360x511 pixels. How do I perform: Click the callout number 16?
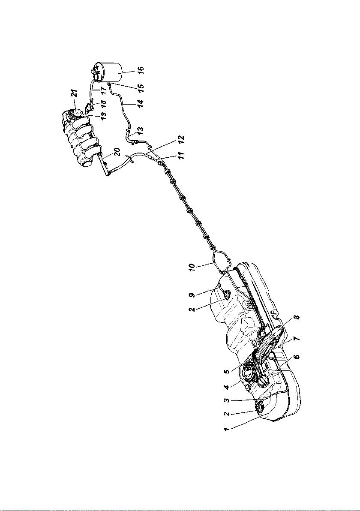point(141,71)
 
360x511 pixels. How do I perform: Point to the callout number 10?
point(192,267)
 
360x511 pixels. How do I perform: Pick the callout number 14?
point(141,104)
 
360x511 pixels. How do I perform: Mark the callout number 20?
point(117,152)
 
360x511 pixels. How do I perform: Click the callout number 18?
point(103,102)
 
